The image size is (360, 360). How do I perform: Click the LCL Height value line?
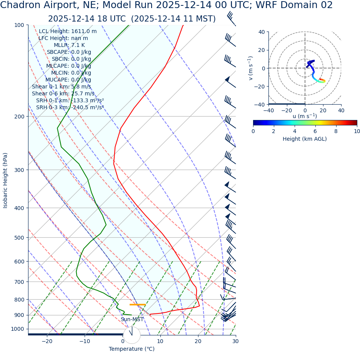tap(68, 32)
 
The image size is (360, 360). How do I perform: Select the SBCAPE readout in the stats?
tap(69, 52)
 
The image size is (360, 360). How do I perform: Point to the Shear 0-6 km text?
tap(63, 93)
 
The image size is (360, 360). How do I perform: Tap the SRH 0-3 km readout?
tap(70, 107)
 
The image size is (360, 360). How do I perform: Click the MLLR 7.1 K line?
tap(69, 45)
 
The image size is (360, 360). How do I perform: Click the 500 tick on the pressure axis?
tap(19, 238)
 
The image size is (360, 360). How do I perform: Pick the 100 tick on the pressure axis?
tap(19, 25)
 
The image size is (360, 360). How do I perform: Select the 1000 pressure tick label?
tap(17, 329)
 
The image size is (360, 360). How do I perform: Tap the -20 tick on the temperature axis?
tap(47, 341)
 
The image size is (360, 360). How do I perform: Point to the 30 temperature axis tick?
tap(235, 341)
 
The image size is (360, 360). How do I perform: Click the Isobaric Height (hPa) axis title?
tap(5, 180)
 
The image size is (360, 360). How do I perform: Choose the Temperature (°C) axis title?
tap(132, 349)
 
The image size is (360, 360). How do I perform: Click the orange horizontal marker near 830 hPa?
tap(138, 305)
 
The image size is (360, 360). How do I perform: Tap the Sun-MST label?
tap(132, 319)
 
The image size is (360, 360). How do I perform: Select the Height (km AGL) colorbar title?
tap(305, 139)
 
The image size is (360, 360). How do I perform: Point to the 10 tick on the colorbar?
tap(357, 131)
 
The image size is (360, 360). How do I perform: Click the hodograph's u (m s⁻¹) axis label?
tap(305, 116)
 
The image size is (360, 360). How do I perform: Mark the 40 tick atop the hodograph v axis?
tap(261, 32)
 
